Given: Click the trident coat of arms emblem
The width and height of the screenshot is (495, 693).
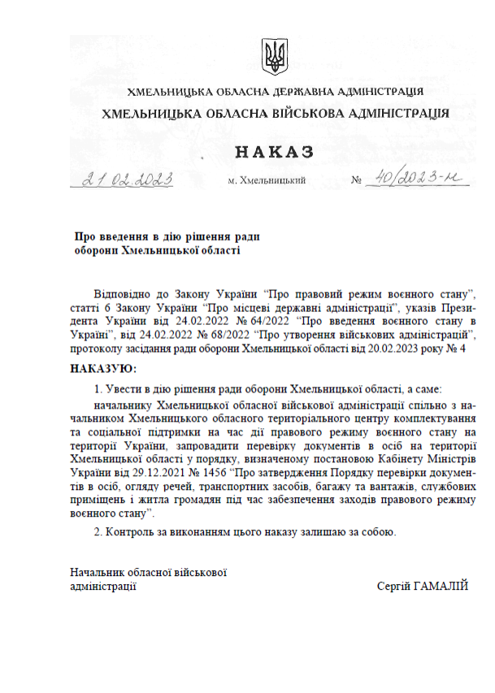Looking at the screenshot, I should pyautogui.click(x=274, y=57).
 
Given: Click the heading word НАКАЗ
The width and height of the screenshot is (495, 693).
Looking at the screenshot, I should pyautogui.click(x=274, y=152).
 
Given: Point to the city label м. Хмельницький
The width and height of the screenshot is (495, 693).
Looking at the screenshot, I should pyautogui.click(x=267, y=180).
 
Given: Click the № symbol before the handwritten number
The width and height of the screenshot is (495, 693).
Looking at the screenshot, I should pyautogui.click(x=356, y=180).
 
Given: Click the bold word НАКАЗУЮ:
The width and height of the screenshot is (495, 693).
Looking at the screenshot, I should pyautogui.click(x=103, y=370).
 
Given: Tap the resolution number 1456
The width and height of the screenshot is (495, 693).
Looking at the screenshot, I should pyautogui.click(x=214, y=472).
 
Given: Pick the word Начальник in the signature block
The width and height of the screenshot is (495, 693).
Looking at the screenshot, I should pyautogui.click(x=96, y=572).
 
